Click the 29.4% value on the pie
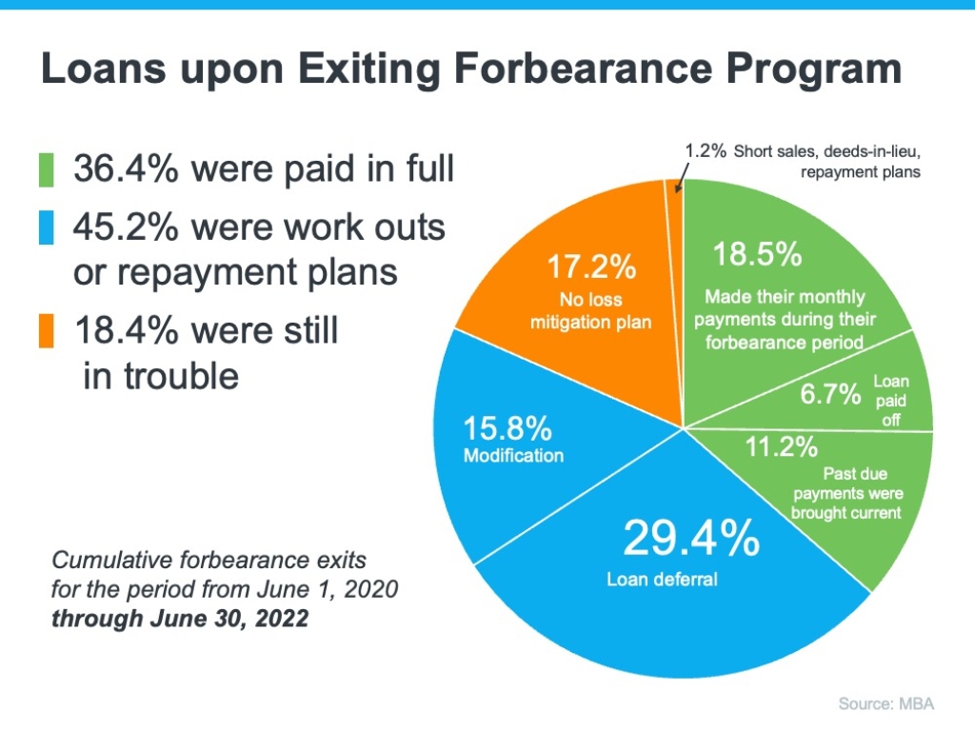tap(690, 539)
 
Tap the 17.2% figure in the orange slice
tap(590, 267)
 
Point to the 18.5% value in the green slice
tap(757, 256)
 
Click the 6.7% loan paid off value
tap(830, 394)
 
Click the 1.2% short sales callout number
tap(706, 151)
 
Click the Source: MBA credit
tap(885, 704)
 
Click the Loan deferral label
tap(663, 578)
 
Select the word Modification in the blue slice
tap(513, 455)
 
